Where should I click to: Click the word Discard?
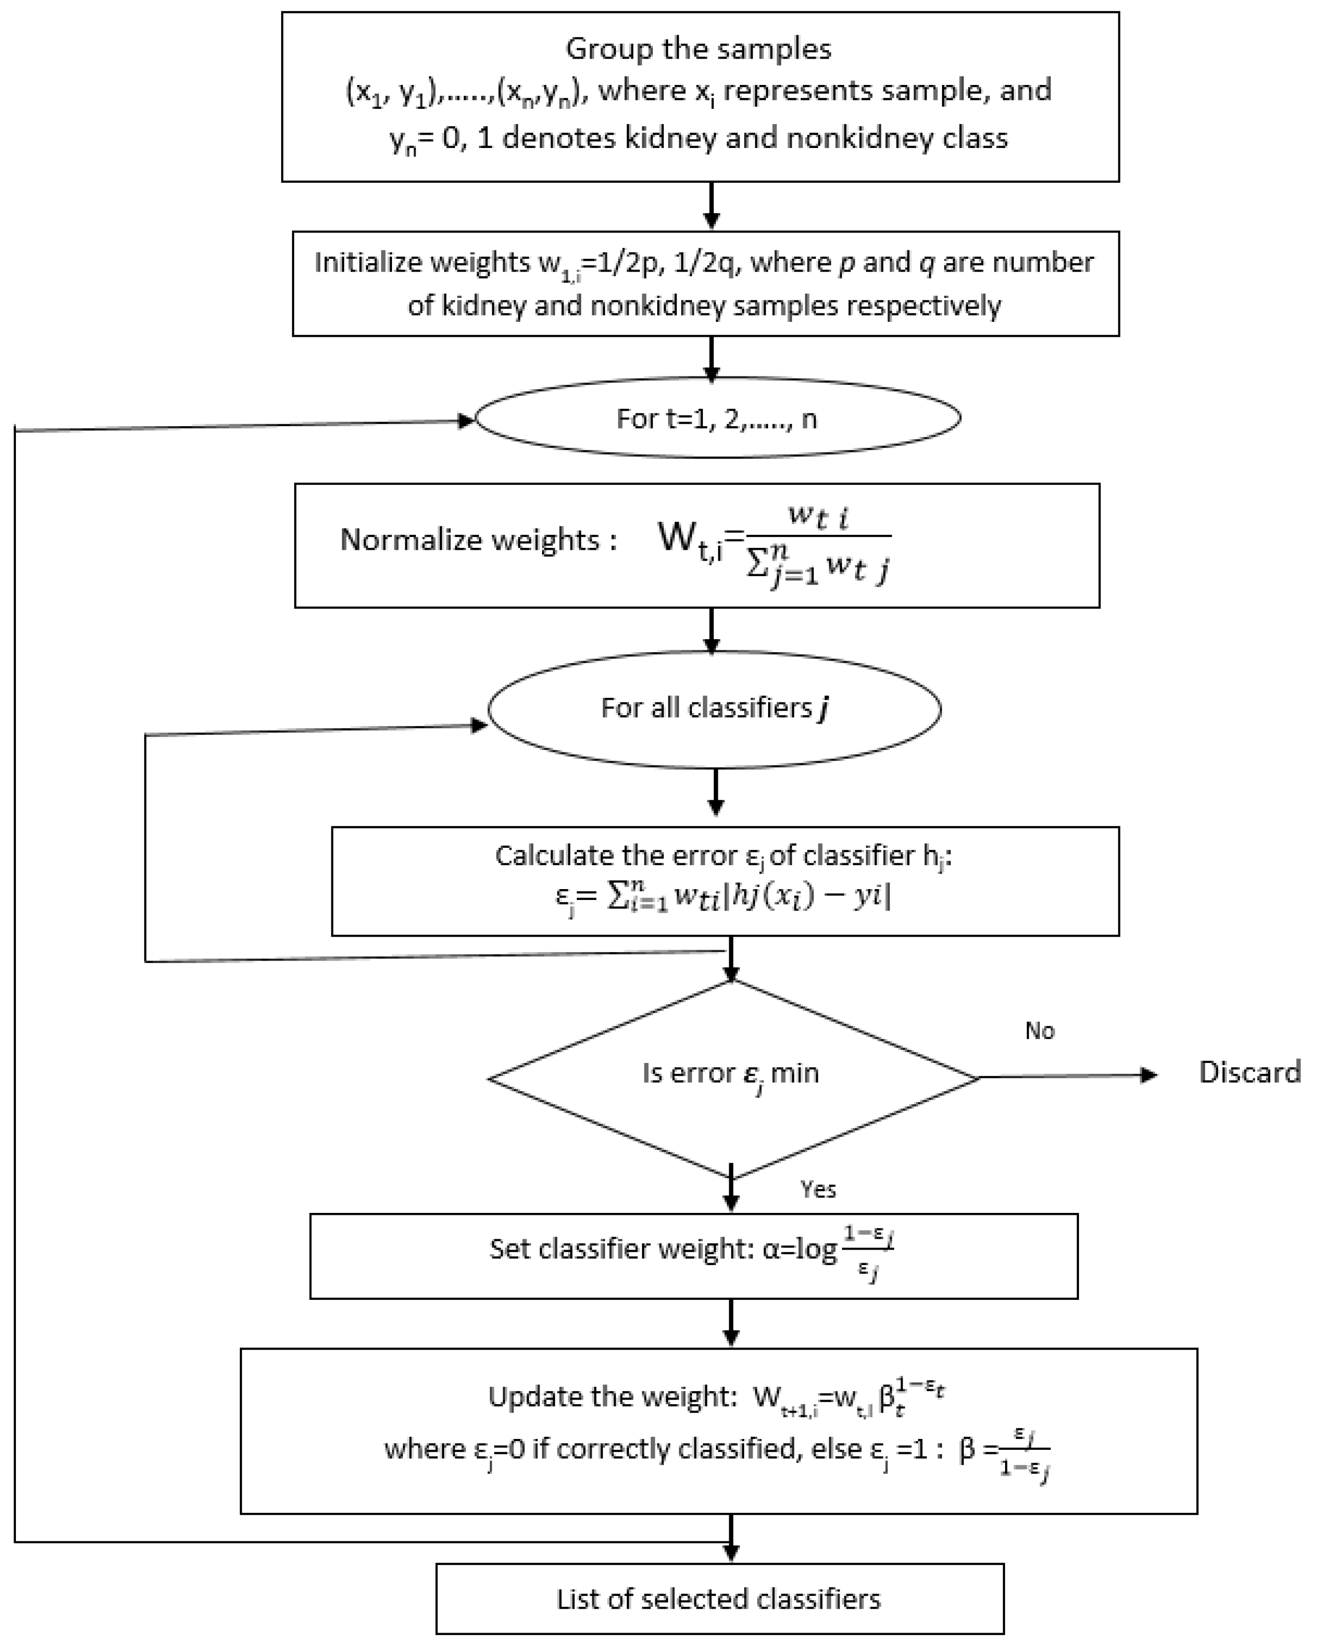(x=1249, y=1072)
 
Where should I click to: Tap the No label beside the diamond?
(x=1039, y=1031)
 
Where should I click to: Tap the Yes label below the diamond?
(x=818, y=1189)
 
